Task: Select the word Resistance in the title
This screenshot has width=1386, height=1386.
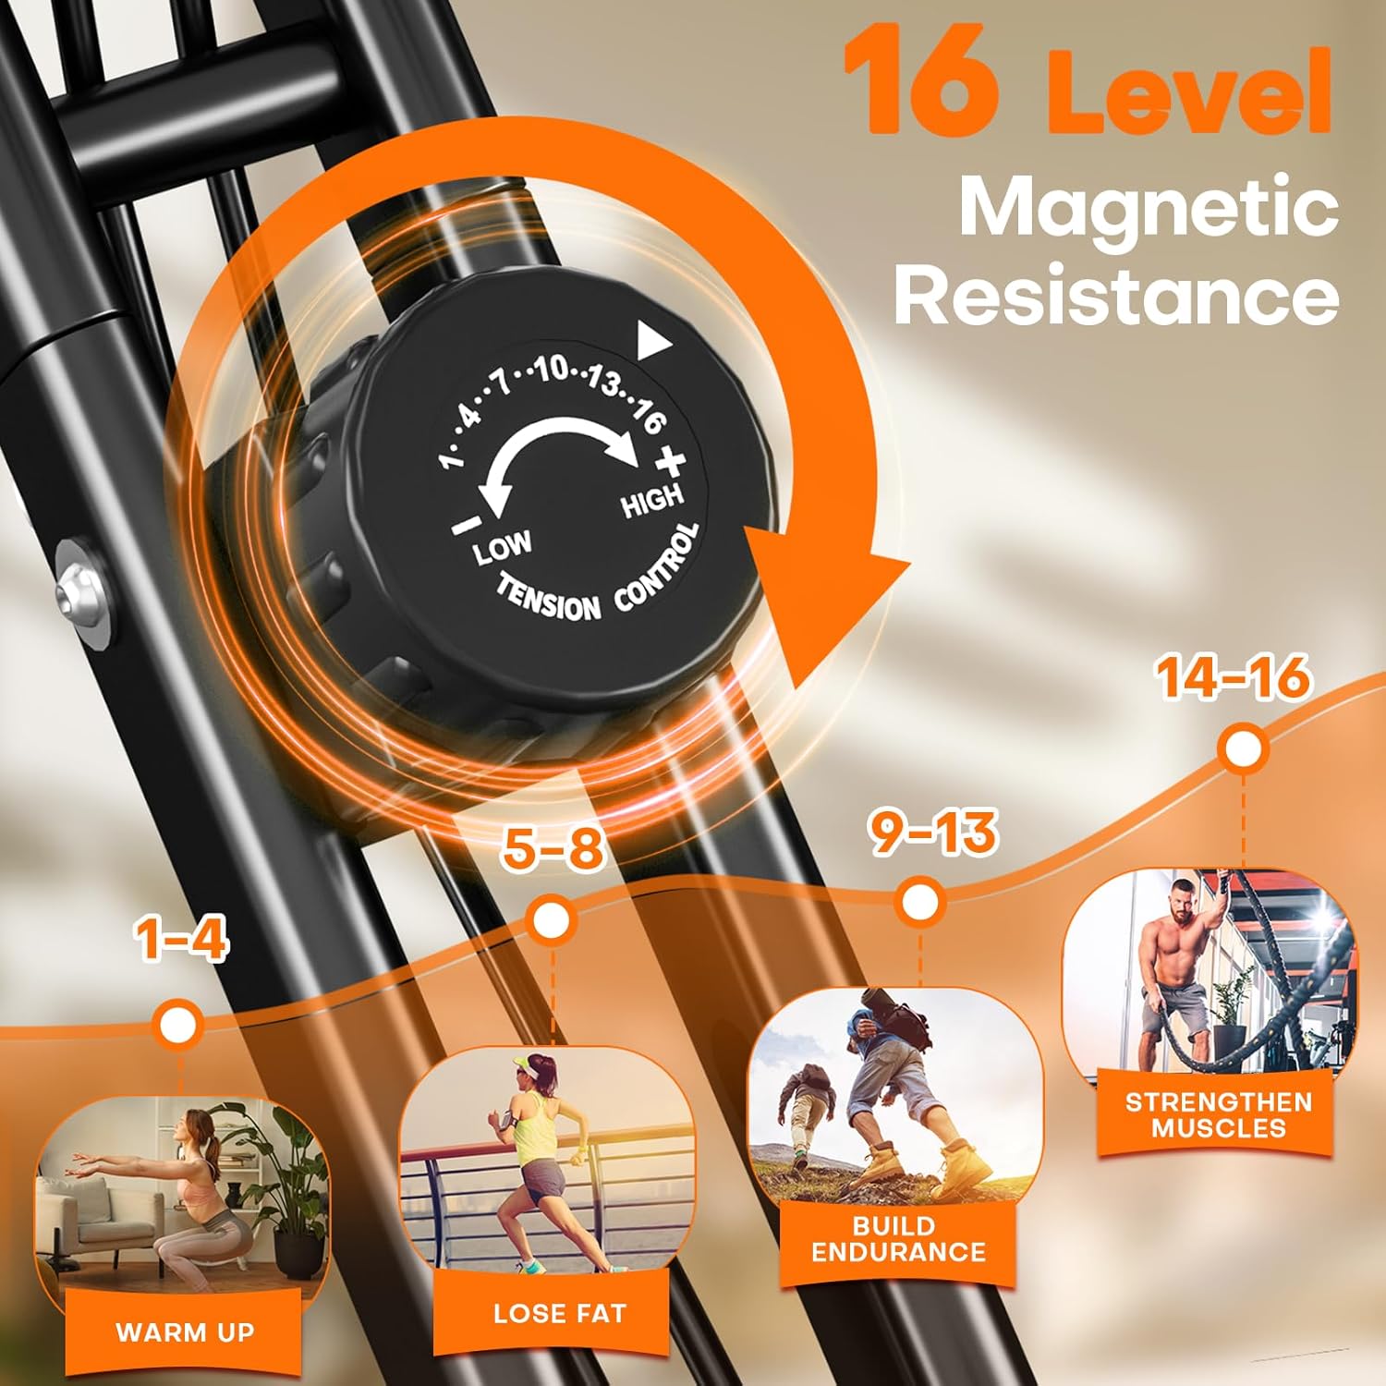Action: click(1116, 296)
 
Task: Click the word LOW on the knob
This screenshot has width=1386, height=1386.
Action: click(503, 547)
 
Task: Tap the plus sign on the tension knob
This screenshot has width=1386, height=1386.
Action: click(672, 459)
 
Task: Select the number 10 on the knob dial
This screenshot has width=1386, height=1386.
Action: click(553, 369)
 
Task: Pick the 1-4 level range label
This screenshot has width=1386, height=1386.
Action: click(181, 940)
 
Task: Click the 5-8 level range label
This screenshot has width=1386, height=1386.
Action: click(553, 848)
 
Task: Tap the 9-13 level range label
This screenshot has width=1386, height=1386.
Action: click(934, 832)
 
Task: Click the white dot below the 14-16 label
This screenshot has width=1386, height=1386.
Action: click(1243, 748)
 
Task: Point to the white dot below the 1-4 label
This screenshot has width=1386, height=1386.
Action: click(179, 1024)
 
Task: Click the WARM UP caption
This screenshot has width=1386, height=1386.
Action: click(185, 1331)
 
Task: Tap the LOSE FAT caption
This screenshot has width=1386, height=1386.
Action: click(560, 1313)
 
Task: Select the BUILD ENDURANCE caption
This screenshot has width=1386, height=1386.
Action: click(899, 1239)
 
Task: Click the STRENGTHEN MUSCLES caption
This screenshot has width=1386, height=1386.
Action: click(1219, 1114)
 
